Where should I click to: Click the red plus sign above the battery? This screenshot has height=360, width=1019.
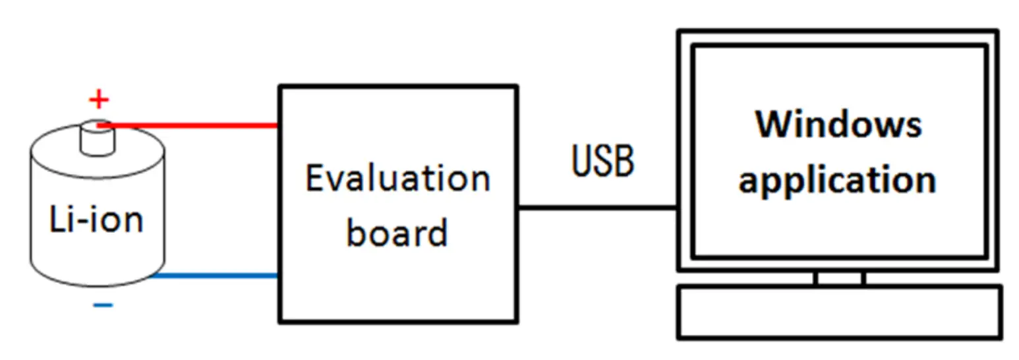(x=98, y=100)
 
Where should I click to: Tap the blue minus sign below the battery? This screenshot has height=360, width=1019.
(x=102, y=305)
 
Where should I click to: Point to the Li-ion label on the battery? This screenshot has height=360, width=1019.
(x=96, y=219)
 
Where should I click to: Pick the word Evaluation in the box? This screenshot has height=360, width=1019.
(x=397, y=179)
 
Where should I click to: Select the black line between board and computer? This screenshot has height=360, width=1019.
(x=597, y=208)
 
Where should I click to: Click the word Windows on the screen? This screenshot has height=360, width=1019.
(x=838, y=125)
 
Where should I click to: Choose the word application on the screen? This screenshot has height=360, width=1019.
(x=837, y=179)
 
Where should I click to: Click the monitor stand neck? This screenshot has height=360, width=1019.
(x=839, y=278)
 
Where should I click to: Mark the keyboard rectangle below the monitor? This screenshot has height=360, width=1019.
(x=840, y=312)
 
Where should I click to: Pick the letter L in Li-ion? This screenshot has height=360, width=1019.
(x=57, y=219)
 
